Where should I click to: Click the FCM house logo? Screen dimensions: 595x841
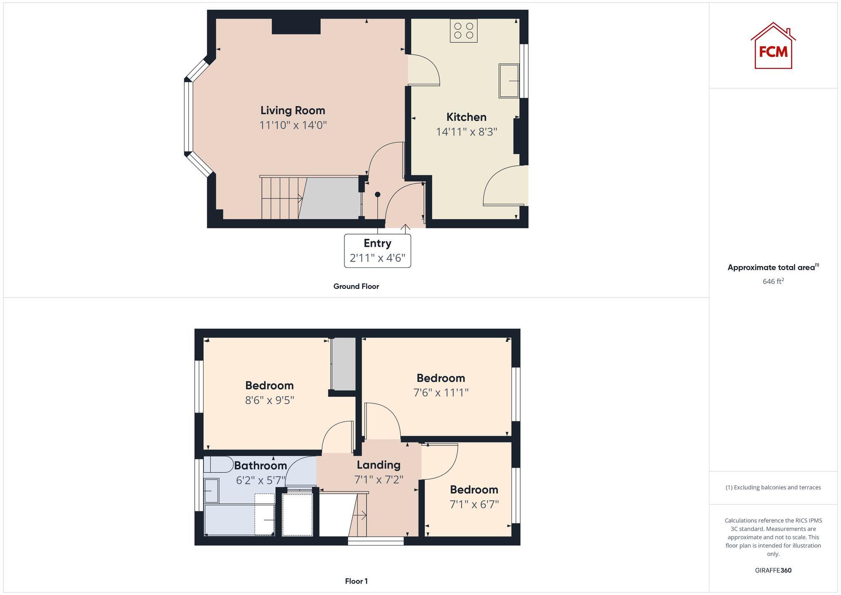773,46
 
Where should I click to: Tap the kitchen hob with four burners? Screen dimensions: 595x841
463,31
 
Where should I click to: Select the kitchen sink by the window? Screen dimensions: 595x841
508,81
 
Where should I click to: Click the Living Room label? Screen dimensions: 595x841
293,111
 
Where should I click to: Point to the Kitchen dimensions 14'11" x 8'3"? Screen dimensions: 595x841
466,132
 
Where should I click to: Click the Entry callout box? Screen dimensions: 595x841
377,251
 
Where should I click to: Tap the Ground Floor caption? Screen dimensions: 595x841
356,286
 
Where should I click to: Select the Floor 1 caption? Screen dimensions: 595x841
356,581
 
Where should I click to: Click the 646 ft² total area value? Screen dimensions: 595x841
773,281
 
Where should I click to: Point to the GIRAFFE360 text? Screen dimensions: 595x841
773,570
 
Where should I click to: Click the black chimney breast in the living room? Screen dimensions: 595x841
296,26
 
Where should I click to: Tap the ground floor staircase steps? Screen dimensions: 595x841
280,198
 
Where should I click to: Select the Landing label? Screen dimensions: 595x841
378,465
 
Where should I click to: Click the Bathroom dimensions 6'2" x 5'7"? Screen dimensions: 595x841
260,480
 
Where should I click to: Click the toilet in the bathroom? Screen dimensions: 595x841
218,465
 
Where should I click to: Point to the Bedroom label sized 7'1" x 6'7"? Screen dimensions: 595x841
474,489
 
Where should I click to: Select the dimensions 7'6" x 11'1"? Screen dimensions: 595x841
441,393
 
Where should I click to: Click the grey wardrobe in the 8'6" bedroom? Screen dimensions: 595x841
344,364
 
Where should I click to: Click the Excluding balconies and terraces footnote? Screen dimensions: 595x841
773,487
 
